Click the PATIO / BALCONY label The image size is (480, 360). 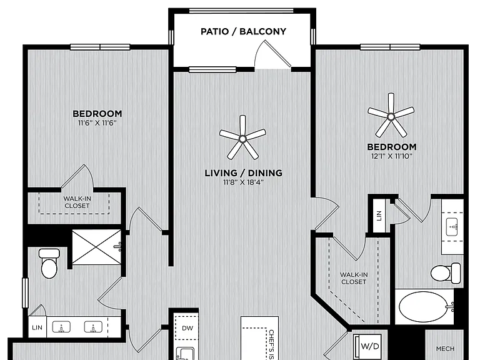[x=243, y=31]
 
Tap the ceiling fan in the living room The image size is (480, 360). [x=242, y=138]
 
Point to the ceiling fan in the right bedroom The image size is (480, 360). [x=391, y=116]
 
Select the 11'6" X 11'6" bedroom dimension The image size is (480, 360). [x=97, y=123]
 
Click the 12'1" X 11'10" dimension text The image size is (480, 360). [x=392, y=156]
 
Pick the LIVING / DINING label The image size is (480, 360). [x=243, y=173]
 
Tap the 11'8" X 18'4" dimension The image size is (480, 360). [x=243, y=182]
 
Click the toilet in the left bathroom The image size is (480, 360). [x=49, y=263]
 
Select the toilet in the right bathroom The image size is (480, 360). [x=446, y=272]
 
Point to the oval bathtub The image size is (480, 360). [x=422, y=306]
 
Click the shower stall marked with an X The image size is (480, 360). [x=97, y=247]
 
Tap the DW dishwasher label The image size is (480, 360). [x=187, y=328]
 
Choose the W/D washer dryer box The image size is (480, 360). [x=367, y=347]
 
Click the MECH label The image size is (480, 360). [x=445, y=349]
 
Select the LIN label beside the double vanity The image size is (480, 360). [x=37, y=327]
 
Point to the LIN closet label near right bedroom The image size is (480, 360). [x=379, y=216]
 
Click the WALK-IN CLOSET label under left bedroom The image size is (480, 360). [x=77, y=202]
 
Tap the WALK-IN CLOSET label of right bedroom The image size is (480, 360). [x=354, y=278]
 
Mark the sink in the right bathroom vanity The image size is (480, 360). [x=452, y=227]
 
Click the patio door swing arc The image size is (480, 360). [x=260, y=49]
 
